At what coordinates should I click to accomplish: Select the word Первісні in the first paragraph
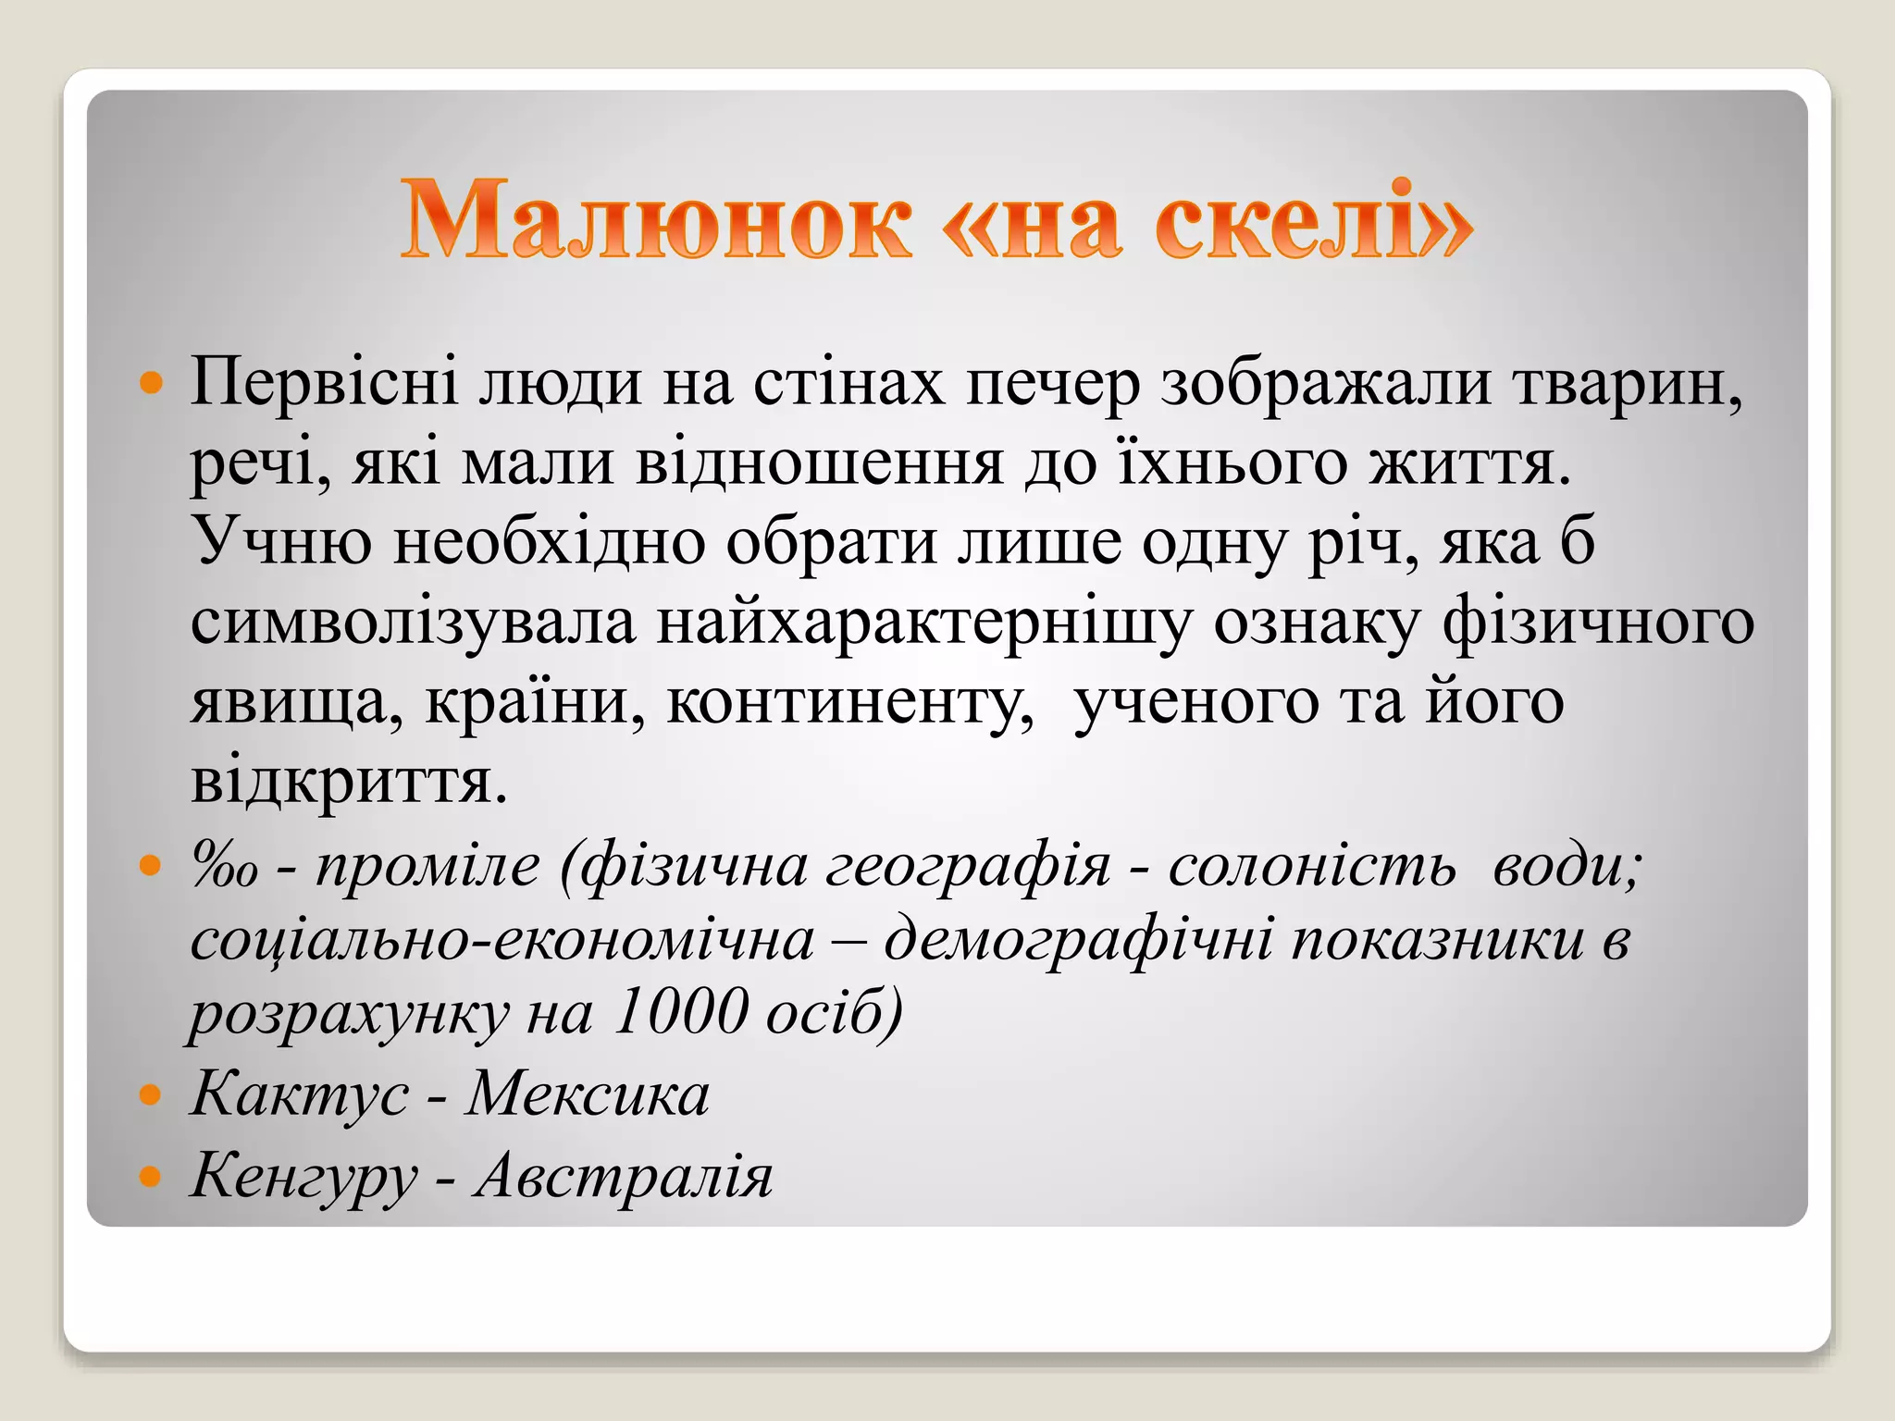pos(323,381)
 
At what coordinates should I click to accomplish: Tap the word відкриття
pos(348,783)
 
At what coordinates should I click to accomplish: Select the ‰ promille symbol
pos(223,868)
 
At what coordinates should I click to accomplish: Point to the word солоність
pos(1311,868)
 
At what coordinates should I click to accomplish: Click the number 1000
pos(679,1012)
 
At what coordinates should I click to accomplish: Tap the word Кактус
pos(299,1095)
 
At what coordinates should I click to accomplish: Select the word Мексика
pos(588,1095)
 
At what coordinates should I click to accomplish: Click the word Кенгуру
pos(303,1177)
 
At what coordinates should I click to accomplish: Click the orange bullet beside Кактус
pos(149,1097)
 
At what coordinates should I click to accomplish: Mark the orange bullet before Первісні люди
pos(149,382)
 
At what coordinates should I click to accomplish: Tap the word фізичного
pos(1598,622)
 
